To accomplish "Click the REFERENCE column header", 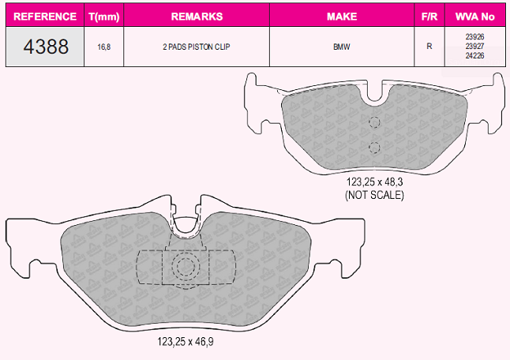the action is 45,17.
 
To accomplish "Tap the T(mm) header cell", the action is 103,17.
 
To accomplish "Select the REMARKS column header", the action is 197,17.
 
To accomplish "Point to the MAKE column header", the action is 342,17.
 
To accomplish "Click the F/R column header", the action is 429,17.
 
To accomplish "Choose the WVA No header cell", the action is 475,17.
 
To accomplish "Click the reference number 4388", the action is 46,46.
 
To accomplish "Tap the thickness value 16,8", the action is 104,47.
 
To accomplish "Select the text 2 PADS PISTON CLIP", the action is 197,47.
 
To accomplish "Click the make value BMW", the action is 342,47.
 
